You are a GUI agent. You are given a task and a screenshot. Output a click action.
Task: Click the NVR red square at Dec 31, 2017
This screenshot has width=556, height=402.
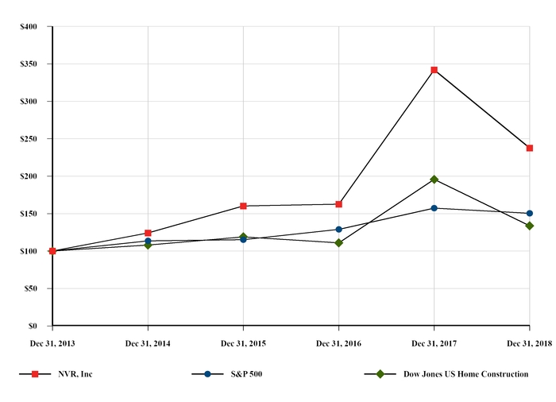434,70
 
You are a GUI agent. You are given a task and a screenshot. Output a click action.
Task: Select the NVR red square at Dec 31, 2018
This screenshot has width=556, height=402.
529,148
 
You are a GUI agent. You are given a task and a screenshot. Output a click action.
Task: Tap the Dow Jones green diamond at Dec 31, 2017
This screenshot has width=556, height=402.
434,180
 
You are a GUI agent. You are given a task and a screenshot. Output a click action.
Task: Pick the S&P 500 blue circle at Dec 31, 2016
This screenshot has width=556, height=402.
338,230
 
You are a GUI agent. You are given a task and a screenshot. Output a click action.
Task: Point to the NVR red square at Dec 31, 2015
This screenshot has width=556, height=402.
243,206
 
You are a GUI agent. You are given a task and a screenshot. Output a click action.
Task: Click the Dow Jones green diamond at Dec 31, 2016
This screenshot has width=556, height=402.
338,243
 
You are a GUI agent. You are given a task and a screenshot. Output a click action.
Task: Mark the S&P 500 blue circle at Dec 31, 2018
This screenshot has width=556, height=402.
529,214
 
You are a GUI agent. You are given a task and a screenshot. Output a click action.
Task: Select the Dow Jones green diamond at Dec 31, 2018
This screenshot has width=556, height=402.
529,226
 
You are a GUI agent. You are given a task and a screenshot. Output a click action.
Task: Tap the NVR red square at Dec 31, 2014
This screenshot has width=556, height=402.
148,233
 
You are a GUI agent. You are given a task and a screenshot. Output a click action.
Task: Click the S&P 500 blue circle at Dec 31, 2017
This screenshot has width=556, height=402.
434,208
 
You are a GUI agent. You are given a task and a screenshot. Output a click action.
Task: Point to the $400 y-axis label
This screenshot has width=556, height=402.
28,27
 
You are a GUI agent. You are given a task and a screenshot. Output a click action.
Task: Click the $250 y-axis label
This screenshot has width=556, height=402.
28,139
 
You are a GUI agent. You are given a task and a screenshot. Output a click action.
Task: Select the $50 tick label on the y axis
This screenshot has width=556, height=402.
30,288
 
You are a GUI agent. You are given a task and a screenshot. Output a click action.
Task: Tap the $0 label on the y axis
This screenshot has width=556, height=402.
33,326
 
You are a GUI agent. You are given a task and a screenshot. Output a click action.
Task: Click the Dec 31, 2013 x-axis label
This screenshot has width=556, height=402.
52,343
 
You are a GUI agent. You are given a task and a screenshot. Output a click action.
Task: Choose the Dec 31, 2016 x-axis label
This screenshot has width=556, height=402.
338,343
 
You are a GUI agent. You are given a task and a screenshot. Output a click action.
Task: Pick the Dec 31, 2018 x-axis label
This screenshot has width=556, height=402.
529,343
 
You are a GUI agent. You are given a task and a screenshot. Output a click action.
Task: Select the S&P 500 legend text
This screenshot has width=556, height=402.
246,373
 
